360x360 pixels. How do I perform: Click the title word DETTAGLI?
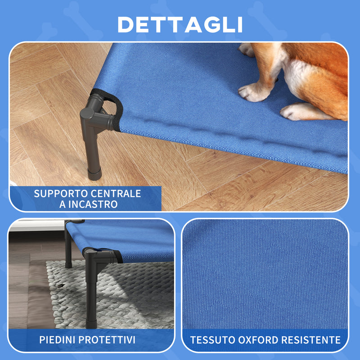[x=180, y=25]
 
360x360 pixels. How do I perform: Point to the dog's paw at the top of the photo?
[x=247, y=49]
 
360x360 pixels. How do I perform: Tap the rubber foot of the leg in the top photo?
[x=94, y=173]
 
